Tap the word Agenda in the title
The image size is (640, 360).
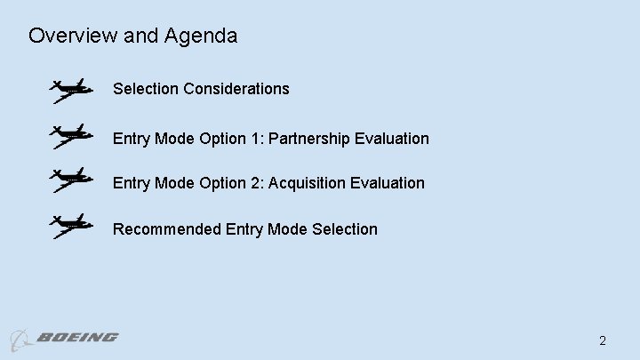201,36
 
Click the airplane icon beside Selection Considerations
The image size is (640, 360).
70,90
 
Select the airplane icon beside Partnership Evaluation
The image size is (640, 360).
70,137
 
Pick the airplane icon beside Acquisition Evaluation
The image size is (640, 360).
70,180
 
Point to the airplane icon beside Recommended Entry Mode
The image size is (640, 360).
70,226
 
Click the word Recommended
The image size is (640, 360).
167,229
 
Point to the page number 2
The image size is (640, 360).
603,340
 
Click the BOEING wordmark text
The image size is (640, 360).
78,338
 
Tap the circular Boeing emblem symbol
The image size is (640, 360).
20,340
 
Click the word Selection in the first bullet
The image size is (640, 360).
145,89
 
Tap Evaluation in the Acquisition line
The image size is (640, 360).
388,183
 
